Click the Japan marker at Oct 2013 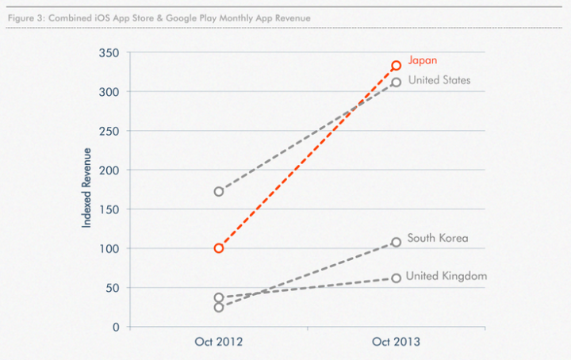click(396, 66)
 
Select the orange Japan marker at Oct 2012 click(219, 248)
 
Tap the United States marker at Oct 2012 click(219, 191)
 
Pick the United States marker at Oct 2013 click(396, 82)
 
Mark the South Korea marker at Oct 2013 click(396, 242)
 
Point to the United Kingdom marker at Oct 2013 click(396, 278)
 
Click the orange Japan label click(423, 59)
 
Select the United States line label click(439, 80)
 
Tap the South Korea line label click(437, 238)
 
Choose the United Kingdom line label click(446, 276)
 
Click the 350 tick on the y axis click(109, 53)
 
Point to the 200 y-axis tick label click(109, 170)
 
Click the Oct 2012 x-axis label click(219, 343)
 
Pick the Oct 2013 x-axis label click(396, 343)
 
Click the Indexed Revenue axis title click(87, 189)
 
